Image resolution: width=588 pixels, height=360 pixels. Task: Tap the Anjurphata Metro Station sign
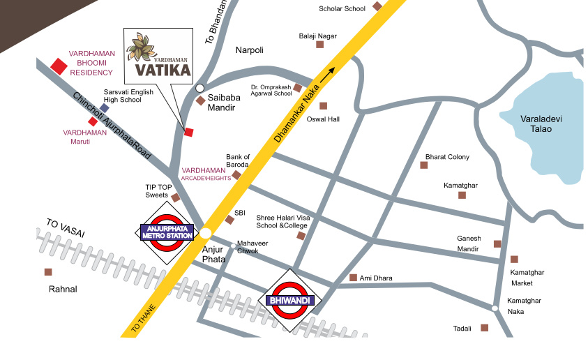[x=167, y=233]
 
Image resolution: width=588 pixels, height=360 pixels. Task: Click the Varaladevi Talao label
[x=541, y=124]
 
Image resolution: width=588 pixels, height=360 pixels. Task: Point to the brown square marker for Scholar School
[x=377, y=6]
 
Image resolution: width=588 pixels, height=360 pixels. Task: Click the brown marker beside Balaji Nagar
[x=320, y=45]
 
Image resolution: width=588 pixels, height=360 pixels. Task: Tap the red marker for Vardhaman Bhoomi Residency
[x=59, y=66]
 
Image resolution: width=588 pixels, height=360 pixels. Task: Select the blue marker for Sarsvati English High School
[x=105, y=108]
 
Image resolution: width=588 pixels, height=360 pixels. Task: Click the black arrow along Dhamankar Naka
[x=329, y=72]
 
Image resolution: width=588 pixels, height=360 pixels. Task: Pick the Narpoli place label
[x=249, y=50]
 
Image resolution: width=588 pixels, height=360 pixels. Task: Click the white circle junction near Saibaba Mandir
[x=200, y=88]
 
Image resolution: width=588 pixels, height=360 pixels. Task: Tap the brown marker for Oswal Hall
[x=323, y=106]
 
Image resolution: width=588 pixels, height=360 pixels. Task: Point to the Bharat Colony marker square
[x=423, y=165]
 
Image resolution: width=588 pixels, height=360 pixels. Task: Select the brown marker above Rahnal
[x=48, y=272]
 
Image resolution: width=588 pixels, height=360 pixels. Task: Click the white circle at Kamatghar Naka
[x=495, y=308]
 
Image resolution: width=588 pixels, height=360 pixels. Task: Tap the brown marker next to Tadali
[x=484, y=327]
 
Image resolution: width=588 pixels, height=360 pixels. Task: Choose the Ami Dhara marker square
[x=353, y=278]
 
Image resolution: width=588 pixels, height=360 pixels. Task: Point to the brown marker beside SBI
[x=229, y=220]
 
